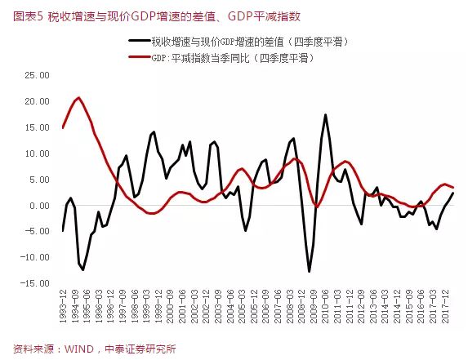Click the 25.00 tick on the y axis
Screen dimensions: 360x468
coord(38,75)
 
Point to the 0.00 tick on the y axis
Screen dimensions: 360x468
coord(41,206)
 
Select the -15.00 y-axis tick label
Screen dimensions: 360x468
coord(36,283)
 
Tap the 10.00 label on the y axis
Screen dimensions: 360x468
coord(38,153)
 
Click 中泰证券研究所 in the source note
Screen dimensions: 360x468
coord(142,347)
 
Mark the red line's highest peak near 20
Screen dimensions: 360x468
coord(78,98)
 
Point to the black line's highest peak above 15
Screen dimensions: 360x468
coord(325,114)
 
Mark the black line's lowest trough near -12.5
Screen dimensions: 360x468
coord(309,271)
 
